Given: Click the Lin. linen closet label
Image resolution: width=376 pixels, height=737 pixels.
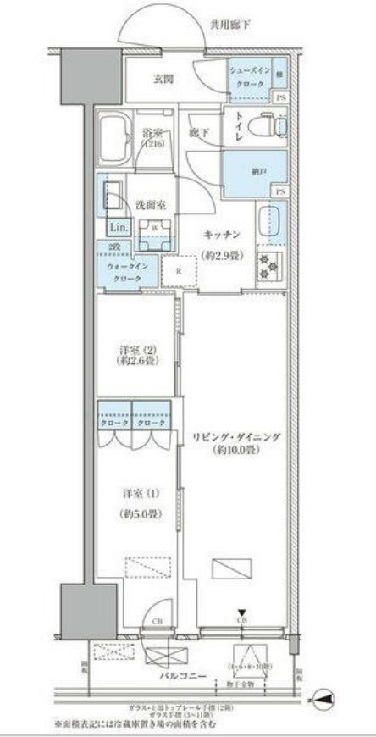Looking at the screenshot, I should coord(117,228).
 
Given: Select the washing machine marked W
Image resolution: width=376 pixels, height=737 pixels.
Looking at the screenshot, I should coord(155,232).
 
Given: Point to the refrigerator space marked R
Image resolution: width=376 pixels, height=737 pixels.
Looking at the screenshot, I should coord(180,271).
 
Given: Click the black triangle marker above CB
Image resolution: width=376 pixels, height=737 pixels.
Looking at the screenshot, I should coord(243,613).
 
